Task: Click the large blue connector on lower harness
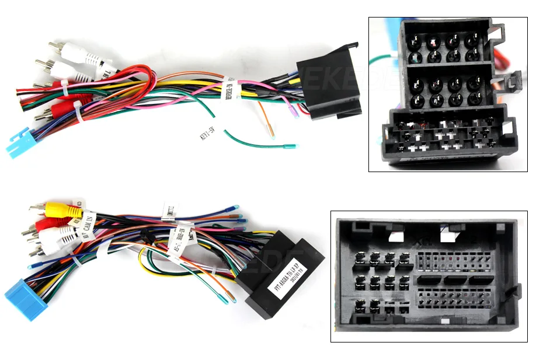click(22, 299)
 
